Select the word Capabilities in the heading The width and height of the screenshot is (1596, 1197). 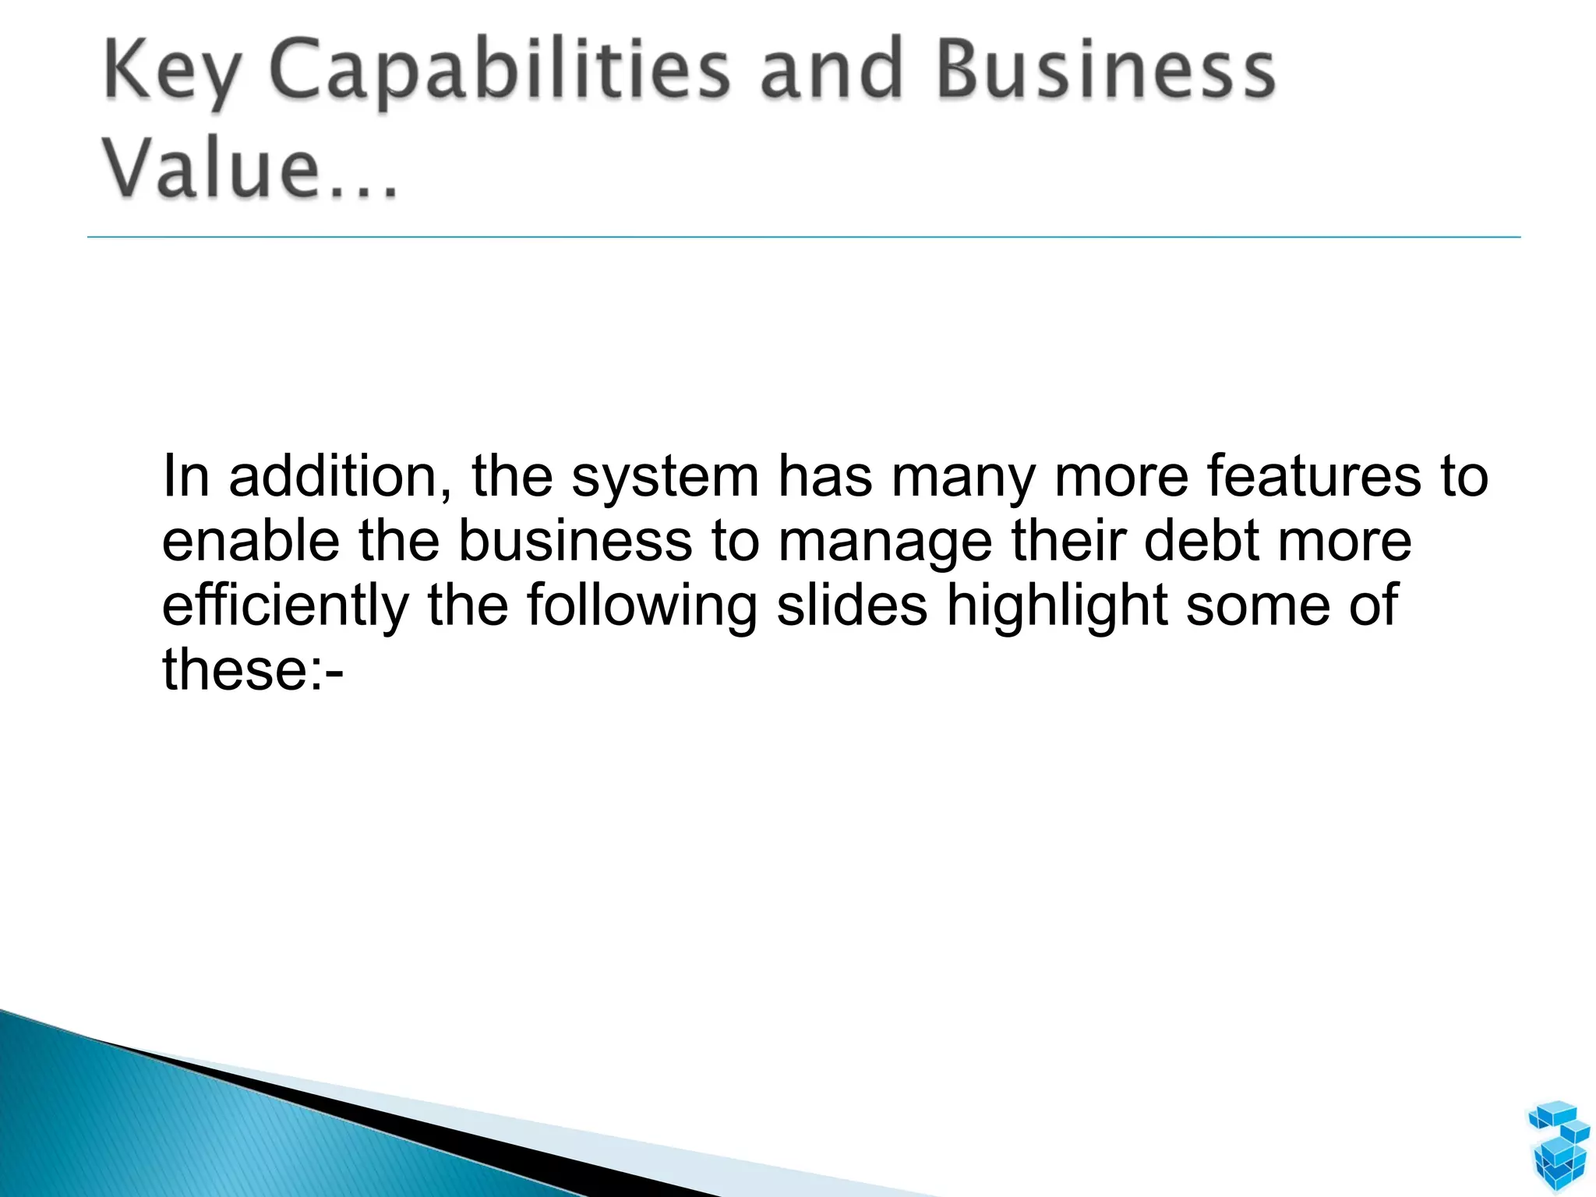pos(499,74)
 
